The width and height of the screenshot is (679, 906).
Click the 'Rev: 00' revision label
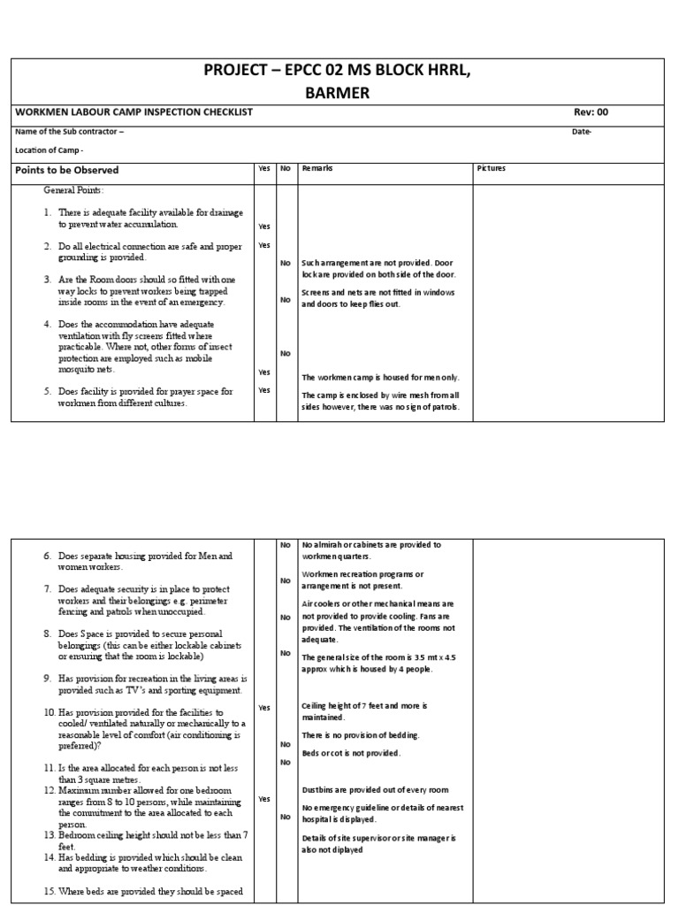tap(591, 112)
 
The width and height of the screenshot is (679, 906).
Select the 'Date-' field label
tap(582, 132)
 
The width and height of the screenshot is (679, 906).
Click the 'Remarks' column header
tap(317, 168)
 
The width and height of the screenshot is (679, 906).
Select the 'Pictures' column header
tap(492, 168)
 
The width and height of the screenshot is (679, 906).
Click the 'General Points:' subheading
tap(74, 190)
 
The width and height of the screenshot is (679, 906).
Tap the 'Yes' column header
tap(264, 168)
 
